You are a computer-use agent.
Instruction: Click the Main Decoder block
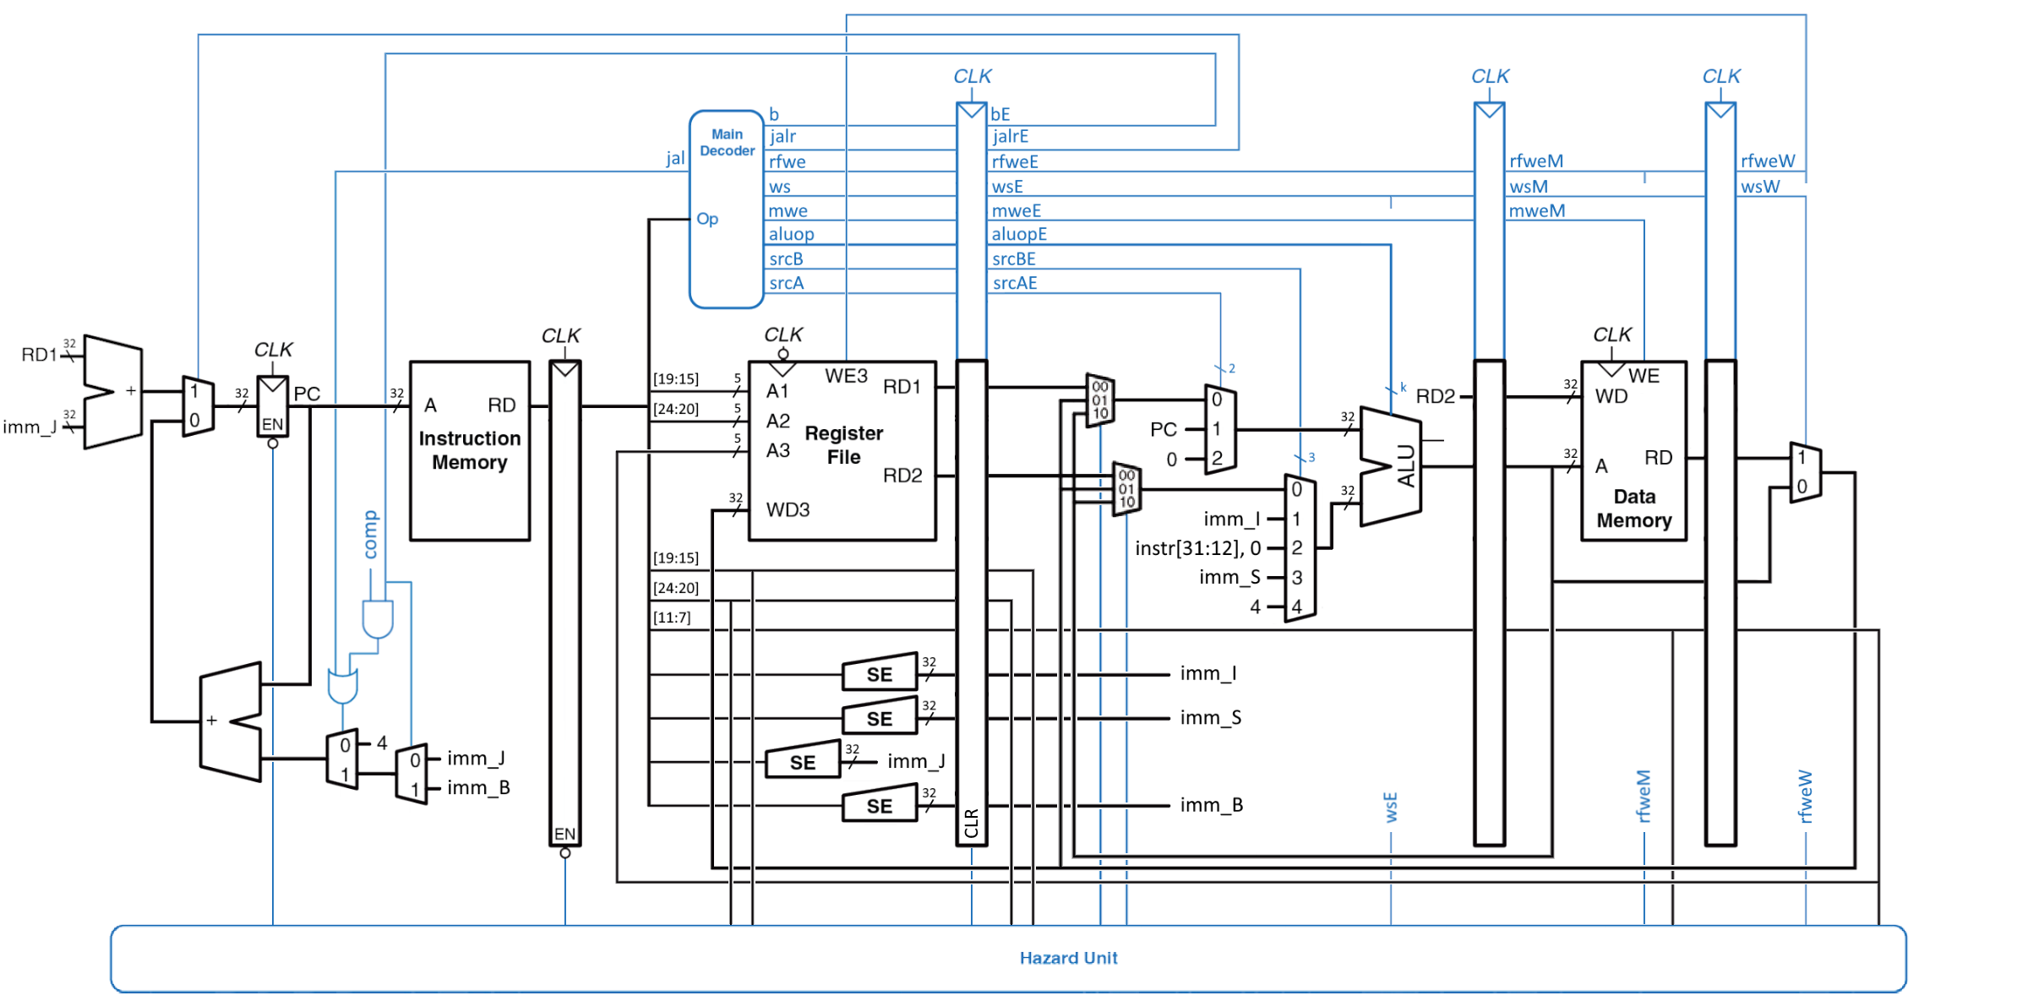coord(727,209)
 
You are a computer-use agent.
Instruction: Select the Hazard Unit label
coord(1068,958)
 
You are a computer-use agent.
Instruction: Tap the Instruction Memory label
coord(470,450)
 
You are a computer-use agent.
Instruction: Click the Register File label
coord(843,445)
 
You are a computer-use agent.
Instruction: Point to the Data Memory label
coord(1633,509)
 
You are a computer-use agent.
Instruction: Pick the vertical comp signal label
coord(370,535)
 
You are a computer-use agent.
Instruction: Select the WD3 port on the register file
coord(788,510)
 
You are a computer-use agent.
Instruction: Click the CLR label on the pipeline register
coord(972,824)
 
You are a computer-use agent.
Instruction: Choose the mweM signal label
coord(1537,210)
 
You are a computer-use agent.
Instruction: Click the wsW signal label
coord(1760,187)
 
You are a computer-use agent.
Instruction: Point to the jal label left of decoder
coord(674,158)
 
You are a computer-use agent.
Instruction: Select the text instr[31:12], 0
coord(1197,548)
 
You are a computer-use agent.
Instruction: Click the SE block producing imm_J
coord(803,762)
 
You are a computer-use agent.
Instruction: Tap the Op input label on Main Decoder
coord(707,219)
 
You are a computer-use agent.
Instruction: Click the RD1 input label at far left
coord(39,355)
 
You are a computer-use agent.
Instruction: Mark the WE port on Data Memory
coord(1644,376)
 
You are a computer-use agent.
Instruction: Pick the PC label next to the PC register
coord(307,394)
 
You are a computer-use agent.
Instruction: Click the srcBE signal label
coord(1014,259)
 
